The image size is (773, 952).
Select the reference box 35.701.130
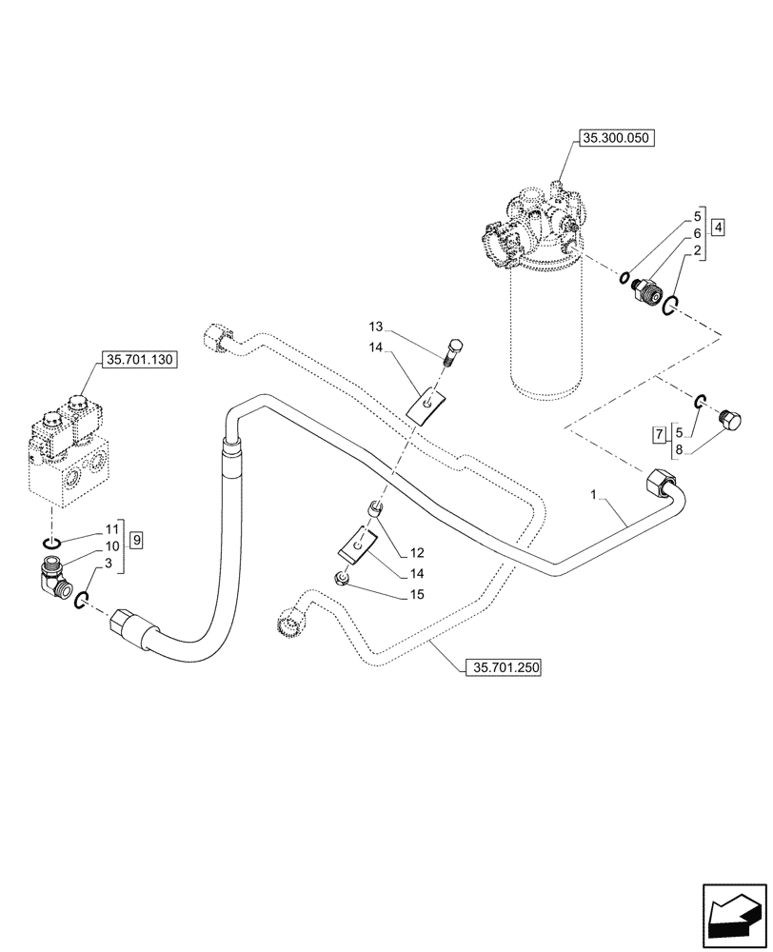pyautogui.click(x=138, y=361)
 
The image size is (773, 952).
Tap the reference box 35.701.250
pyautogui.click(x=503, y=668)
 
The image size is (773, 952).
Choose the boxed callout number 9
pyautogui.click(x=137, y=540)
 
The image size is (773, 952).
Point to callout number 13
pyautogui.click(x=378, y=325)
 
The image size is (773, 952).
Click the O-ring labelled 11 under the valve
pyautogui.click(x=52, y=542)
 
